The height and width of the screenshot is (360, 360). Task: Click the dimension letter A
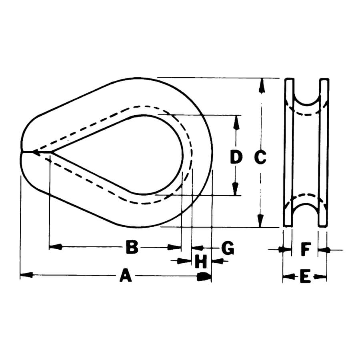point(126,276)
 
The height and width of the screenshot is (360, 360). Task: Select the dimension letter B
point(132,247)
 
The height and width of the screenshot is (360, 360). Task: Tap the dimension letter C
point(260,158)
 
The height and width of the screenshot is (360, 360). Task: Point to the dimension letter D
point(236,158)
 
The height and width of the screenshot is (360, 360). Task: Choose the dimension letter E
point(305,276)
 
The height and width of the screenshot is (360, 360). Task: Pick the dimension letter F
point(305,250)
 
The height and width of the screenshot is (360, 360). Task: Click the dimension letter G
point(228,248)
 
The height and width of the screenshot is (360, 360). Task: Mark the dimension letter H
point(201,262)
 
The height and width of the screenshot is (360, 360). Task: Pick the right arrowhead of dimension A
point(204,276)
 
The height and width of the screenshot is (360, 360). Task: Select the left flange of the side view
point(288,152)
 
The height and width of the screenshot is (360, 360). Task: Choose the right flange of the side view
point(324,152)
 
